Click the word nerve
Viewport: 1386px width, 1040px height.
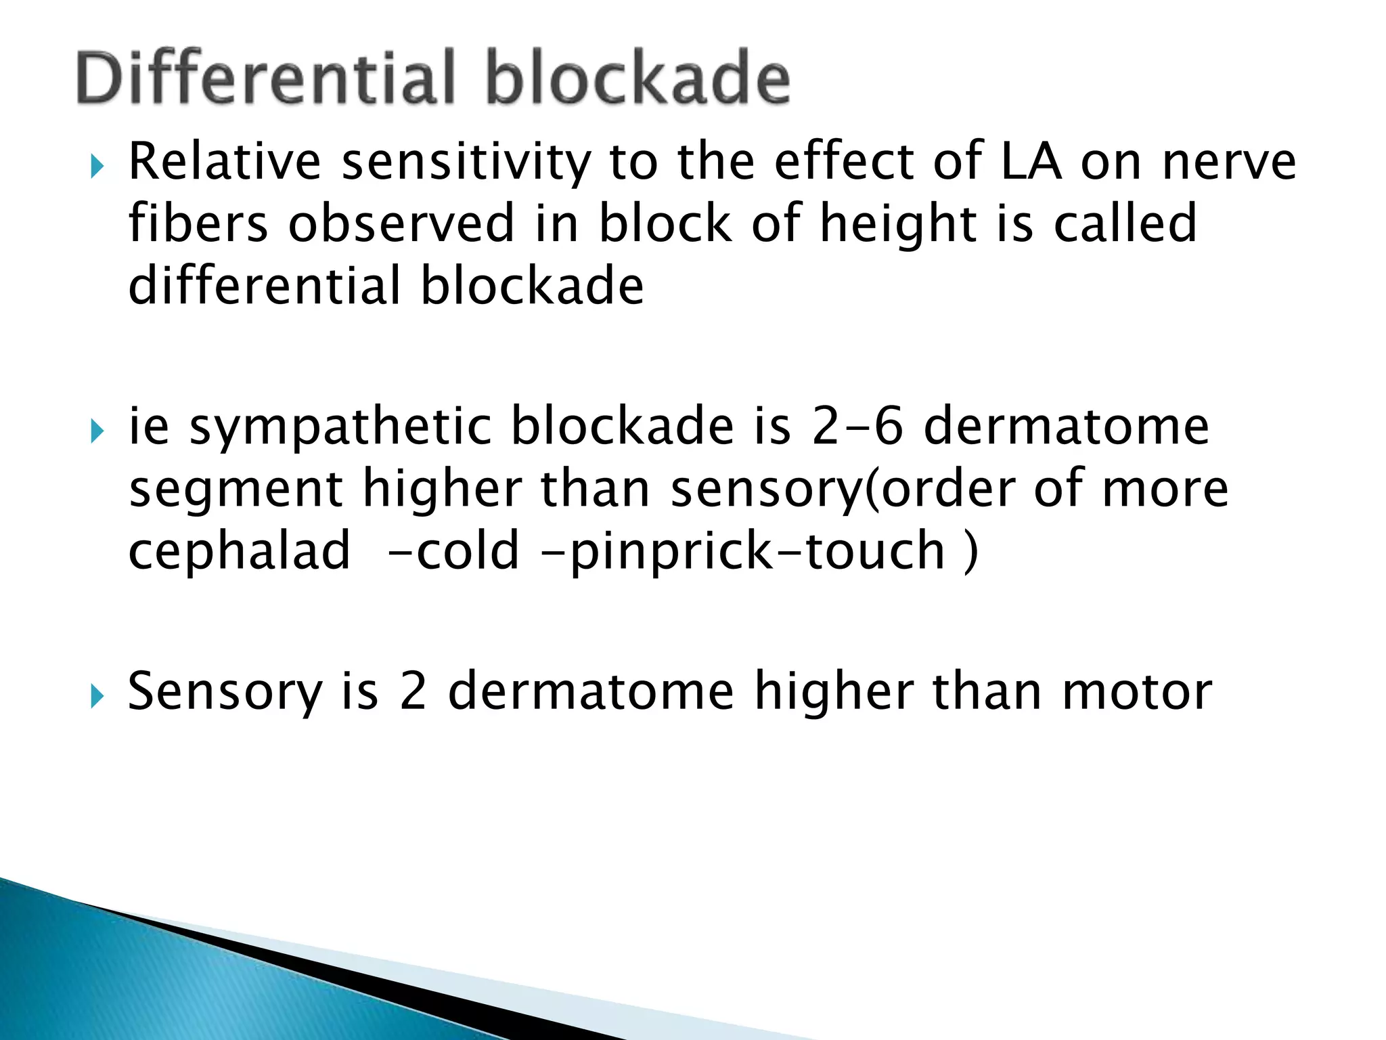click(x=1229, y=162)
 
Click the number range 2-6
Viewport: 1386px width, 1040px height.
click(x=857, y=427)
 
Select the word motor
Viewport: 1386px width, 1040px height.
click(x=1137, y=693)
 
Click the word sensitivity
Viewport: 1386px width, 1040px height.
click(x=466, y=162)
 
